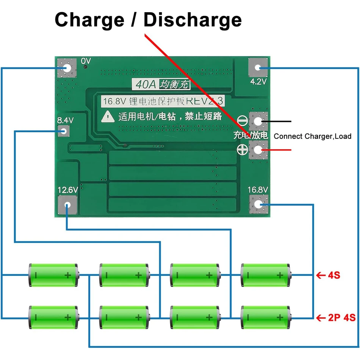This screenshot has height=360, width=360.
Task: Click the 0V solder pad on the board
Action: pyautogui.click(x=67, y=68)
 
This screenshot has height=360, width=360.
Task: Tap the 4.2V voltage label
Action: pyautogui.click(x=258, y=81)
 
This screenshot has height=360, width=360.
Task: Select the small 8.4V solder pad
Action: pyautogui.click(x=64, y=131)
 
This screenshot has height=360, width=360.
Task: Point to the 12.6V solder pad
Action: pyautogui.click(x=68, y=205)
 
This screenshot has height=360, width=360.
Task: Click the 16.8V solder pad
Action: pyautogui.click(x=258, y=205)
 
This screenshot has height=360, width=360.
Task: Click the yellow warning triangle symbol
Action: pyautogui.click(x=108, y=116)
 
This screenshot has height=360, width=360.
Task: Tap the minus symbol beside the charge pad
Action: pyautogui.click(x=242, y=121)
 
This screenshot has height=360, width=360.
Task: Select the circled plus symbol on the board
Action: pyautogui.click(x=242, y=149)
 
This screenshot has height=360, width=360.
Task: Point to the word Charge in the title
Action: pyautogui.click(x=89, y=19)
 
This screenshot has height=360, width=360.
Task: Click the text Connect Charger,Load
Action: pyautogui.click(x=312, y=136)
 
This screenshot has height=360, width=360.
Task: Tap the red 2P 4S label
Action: pyautogui.click(x=341, y=318)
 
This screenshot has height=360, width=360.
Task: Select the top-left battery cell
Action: pyautogui.click(x=53, y=275)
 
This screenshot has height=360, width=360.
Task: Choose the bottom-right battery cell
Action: pyautogui.click(x=266, y=317)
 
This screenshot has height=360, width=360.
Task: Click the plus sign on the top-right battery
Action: pyautogui.click(x=280, y=275)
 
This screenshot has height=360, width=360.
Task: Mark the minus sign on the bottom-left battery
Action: pyautogui.click(x=36, y=317)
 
